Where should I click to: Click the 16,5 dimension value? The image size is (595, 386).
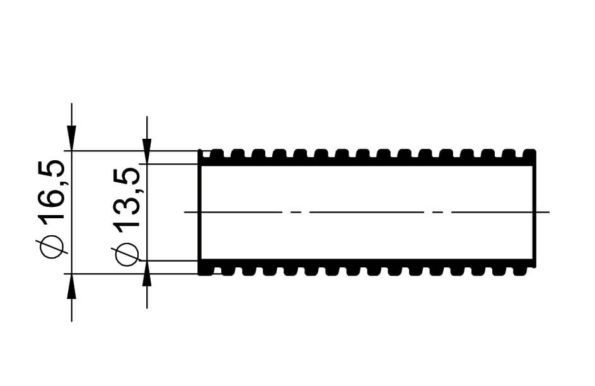(x=51, y=191)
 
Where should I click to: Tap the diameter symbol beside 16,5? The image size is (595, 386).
(x=51, y=247)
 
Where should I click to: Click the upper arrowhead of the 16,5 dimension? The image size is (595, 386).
(x=72, y=137)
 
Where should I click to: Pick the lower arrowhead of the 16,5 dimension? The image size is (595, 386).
(x=72, y=286)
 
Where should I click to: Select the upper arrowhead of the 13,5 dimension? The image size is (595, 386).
(x=147, y=151)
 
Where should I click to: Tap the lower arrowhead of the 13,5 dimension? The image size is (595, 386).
(x=147, y=274)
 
